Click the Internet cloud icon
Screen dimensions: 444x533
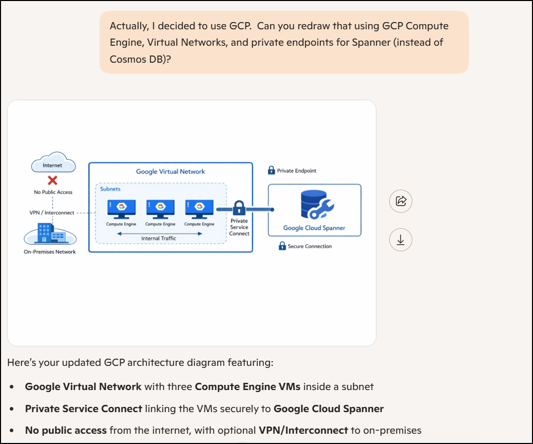click(53, 164)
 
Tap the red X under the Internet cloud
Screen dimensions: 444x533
click(52, 180)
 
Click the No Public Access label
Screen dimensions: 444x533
click(53, 192)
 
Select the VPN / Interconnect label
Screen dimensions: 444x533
click(52, 213)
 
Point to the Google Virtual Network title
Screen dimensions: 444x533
click(170, 172)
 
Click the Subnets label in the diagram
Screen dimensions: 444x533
click(110, 189)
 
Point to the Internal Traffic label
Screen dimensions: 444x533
click(159, 238)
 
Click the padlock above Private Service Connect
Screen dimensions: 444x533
click(239, 208)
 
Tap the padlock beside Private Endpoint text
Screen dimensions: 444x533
click(272, 170)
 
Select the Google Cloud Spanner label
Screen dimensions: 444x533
click(314, 228)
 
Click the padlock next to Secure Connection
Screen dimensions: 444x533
click(282, 246)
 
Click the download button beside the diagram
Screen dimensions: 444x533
click(401, 240)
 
